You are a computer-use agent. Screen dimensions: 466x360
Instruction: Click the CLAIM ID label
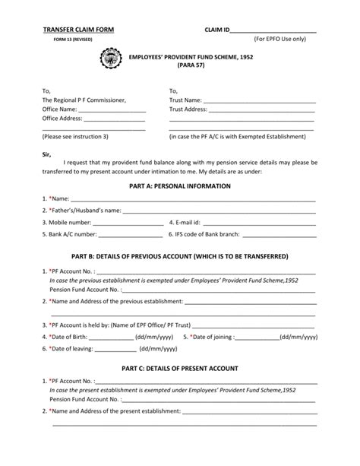tap(216, 28)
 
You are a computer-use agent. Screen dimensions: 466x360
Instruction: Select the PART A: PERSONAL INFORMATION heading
tap(180, 186)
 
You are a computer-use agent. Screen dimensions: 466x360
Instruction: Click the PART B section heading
tap(180, 257)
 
